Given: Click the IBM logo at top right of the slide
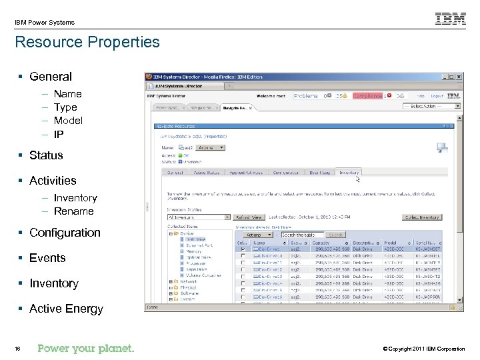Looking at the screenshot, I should click(x=451, y=19).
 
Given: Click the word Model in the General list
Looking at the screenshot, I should click(x=68, y=121).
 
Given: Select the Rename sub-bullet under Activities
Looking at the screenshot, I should click(x=73, y=211).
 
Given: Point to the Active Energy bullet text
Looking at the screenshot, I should click(x=66, y=309).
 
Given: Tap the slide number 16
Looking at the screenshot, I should click(x=17, y=349).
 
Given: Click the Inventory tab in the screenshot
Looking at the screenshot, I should click(x=349, y=172).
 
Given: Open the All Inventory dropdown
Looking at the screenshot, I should click(x=199, y=217).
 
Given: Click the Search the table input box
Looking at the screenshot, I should click(x=302, y=235).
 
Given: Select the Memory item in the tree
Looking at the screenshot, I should click(x=194, y=251).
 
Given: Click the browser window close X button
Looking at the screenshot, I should click(x=458, y=77).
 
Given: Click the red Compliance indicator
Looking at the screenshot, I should click(x=367, y=96).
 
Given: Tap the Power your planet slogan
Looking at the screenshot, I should click(x=86, y=348).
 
